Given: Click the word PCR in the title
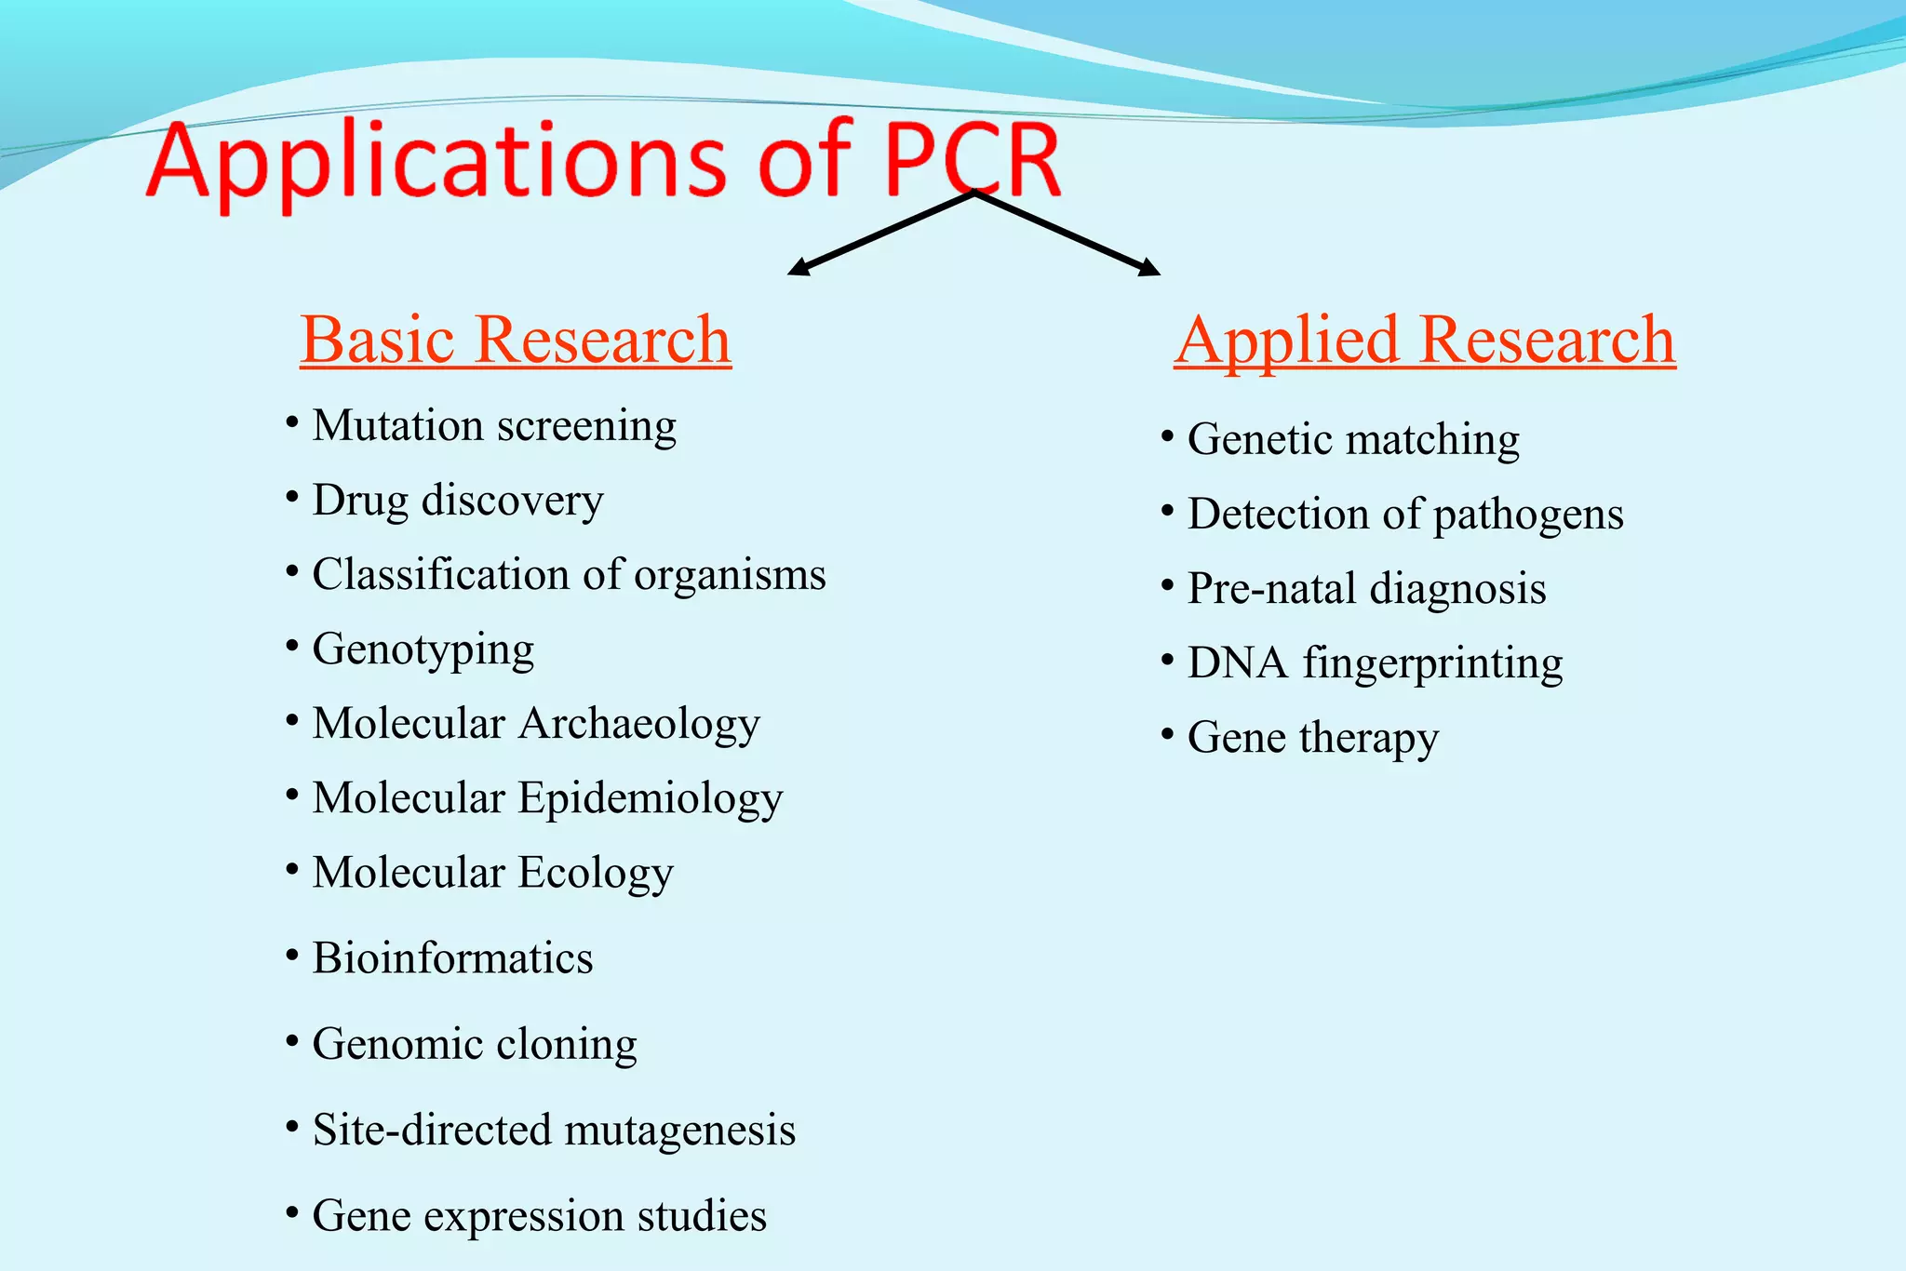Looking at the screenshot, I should (x=972, y=160).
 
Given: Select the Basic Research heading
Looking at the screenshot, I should (x=516, y=340).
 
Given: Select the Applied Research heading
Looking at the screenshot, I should (x=1424, y=340).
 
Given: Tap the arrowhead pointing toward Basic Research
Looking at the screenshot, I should (x=799, y=268).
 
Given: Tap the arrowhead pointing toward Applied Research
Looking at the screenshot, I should (x=1150, y=268).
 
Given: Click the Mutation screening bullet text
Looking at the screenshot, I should (x=494, y=427).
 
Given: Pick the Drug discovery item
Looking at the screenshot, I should (x=458, y=502).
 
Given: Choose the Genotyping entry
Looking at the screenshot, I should (x=423, y=649).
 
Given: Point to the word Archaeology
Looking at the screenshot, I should (x=639, y=724).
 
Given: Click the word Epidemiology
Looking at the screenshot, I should (x=651, y=798).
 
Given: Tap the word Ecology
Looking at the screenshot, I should (x=596, y=874).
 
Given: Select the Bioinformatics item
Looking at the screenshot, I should (x=452, y=958).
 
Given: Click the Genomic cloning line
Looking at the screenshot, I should (x=475, y=1044).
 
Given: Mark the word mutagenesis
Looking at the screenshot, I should (x=679, y=1131).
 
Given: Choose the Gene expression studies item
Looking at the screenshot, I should (x=539, y=1216).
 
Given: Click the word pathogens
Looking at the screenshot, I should (x=1528, y=515).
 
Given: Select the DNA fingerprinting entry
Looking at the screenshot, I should (x=1375, y=663).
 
